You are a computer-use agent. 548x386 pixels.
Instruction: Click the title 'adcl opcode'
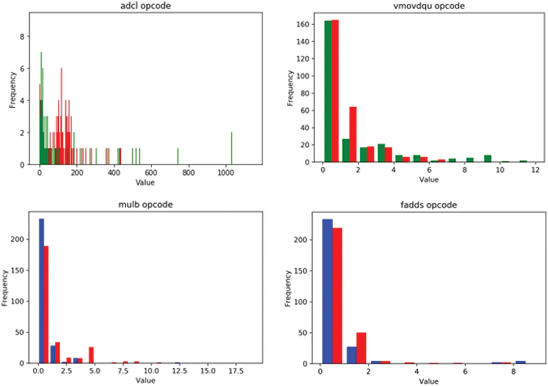coord(145,6)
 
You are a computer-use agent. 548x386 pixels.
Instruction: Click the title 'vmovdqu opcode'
coord(429,6)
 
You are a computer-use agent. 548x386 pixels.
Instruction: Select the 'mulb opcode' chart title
coord(145,204)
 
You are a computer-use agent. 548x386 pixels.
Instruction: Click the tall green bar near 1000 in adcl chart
coord(232,149)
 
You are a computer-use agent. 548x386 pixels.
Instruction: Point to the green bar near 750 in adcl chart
coord(178,157)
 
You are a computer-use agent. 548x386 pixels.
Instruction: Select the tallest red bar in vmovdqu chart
coord(335,91)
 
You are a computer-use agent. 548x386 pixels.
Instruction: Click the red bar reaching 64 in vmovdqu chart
coord(353,135)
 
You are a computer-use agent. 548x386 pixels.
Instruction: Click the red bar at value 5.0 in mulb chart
coord(91,355)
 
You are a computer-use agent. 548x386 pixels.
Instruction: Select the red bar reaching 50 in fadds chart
coord(361,348)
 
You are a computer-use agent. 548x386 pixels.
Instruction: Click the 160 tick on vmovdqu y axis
coord(303,24)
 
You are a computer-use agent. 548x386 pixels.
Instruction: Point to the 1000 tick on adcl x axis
coord(225,172)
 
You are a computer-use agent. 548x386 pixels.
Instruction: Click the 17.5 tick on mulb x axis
coord(236,371)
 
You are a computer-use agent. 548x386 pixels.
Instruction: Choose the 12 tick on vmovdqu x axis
coord(535,170)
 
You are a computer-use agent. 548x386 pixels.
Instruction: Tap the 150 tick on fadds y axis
coord(300,271)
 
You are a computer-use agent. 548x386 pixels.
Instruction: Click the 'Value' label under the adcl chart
coord(145,183)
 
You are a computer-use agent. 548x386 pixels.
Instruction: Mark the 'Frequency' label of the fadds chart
coord(287,288)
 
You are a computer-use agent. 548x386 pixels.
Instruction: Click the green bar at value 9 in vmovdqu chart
coord(488,159)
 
